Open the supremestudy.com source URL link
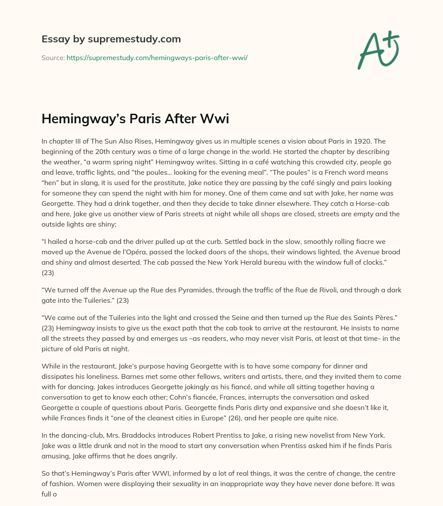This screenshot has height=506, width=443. tap(157, 57)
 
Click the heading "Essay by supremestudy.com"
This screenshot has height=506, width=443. tap(111, 39)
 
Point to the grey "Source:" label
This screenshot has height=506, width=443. tap(53, 57)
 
